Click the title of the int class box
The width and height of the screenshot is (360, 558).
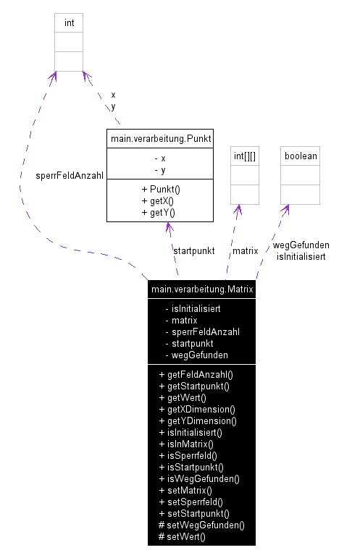(x=69, y=22)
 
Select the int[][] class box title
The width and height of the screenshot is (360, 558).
(x=245, y=156)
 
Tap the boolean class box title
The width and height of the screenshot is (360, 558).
(x=300, y=156)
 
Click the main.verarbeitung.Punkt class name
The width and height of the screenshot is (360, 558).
(x=159, y=138)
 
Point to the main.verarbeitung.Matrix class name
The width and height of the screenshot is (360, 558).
(x=201, y=289)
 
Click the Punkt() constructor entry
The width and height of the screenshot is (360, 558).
(x=160, y=190)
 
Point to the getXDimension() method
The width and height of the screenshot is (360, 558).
(x=197, y=410)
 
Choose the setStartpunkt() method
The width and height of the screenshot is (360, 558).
(x=194, y=514)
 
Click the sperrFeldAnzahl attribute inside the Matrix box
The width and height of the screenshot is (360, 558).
(x=205, y=331)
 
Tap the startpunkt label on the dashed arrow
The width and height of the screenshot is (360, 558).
(x=193, y=250)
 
